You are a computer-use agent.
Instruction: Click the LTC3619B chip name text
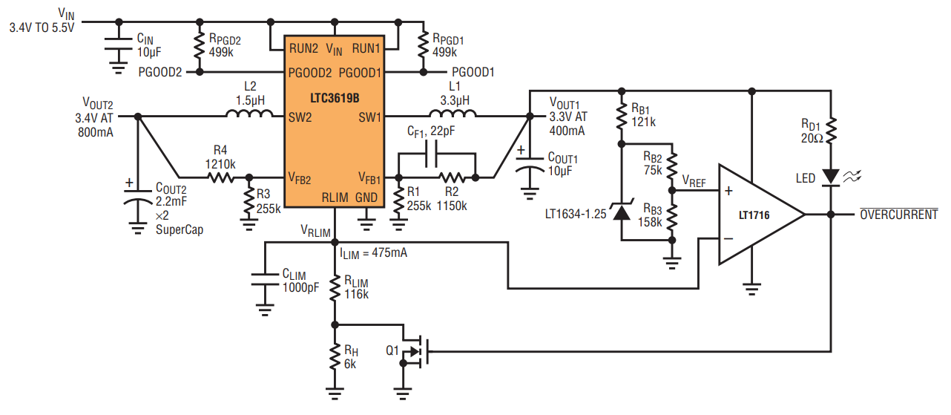coord(335,98)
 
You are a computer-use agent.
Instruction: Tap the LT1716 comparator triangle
coord(756,215)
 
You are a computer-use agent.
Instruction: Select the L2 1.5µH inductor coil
coord(249,114)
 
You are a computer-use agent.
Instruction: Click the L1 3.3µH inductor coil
coord(453,114)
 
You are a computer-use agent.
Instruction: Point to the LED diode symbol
coord(831,177)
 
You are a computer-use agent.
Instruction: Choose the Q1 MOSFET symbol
coord(415,351)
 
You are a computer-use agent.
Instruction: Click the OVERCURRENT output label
coord(899,214)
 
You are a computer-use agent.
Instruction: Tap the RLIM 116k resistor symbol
coord(335,287)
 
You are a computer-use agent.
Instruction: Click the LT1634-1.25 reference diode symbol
coord(622,211)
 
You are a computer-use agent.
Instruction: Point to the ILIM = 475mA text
coord(373,253)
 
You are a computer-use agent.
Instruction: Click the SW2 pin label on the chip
coord(300,117)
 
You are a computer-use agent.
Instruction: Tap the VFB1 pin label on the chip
coord(369,178)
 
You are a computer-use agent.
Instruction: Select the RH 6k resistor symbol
coord(335,357)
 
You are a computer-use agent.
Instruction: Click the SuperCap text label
coord(180,230)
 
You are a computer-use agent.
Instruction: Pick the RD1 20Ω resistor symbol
coord(831,131)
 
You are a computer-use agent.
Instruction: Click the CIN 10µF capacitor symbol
coord(119,44)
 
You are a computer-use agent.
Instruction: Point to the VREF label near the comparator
coord(694,181)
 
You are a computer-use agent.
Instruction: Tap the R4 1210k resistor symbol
coord(221,177)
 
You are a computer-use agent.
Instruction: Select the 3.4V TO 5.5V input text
coord(42,28)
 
